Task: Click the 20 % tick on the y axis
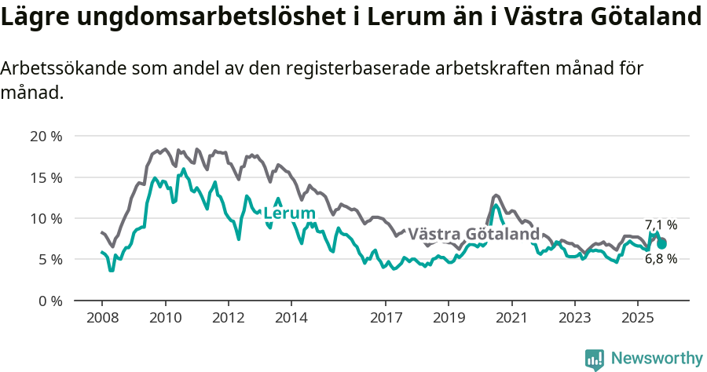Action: tap(46, 136)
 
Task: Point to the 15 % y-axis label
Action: tap(46, 177)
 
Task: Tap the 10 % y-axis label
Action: tap(46, 218)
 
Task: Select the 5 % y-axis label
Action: tap(49, 259)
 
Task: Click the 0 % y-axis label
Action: tap(49, 301)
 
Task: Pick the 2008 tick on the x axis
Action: tap(102, 318)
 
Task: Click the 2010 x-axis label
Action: tap(165, 318)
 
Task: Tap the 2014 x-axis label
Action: tap(291, 318)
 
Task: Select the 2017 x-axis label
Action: tap(385, 318)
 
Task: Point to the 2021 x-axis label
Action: tap(511, 318)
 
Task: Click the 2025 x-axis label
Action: tap(637, 318)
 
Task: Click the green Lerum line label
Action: tap(289, 213)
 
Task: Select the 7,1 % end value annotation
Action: tap(661, 225)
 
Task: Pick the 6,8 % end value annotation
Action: tap(661, 258)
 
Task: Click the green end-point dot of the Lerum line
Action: tap(662, 244)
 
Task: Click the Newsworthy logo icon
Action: tap(595, 359)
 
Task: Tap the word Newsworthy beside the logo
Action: tap(656, 359)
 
